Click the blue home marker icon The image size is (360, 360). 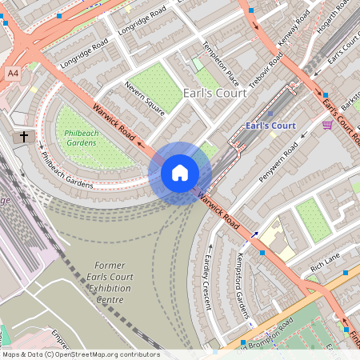(180, 172)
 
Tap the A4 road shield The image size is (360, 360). (13, 73)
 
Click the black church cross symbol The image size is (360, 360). (24, 138)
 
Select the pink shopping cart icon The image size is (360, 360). (327, 125)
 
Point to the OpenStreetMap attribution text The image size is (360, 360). (81, 354)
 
